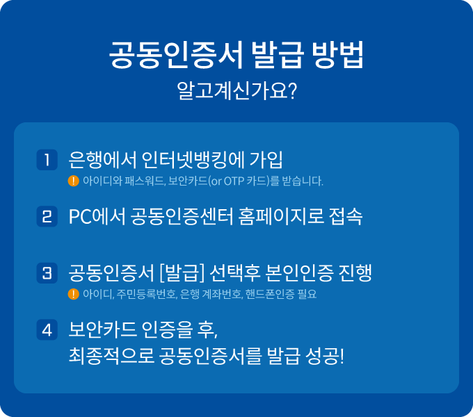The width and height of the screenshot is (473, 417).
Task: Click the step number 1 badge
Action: tap(47, 159)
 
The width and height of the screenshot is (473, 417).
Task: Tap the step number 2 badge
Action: tap(47, 216)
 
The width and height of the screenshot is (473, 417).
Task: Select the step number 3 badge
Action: tap(47, 272)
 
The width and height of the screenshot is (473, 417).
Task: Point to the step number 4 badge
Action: tap(47, 329)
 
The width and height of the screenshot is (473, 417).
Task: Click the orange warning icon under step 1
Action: tap(73, 181)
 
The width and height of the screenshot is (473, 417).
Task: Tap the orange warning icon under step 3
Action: tap(73, 294)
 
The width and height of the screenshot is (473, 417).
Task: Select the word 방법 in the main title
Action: tap(337, 56)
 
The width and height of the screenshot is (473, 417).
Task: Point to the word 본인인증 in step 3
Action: tap(291, 272)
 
